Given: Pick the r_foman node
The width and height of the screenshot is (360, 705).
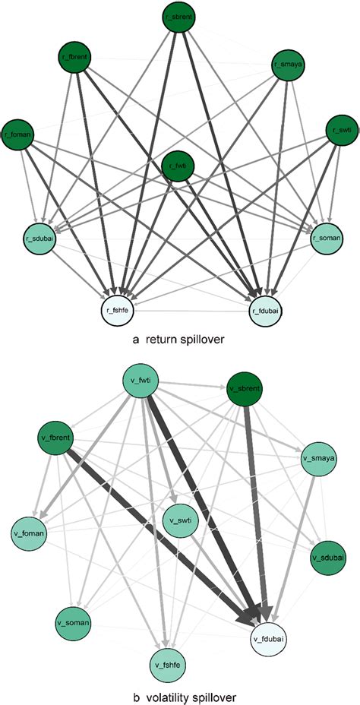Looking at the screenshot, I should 17,134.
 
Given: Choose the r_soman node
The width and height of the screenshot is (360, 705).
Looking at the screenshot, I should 327,238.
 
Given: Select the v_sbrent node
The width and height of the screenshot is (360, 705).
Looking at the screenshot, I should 245,389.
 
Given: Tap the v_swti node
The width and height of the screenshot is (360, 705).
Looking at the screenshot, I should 180,519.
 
